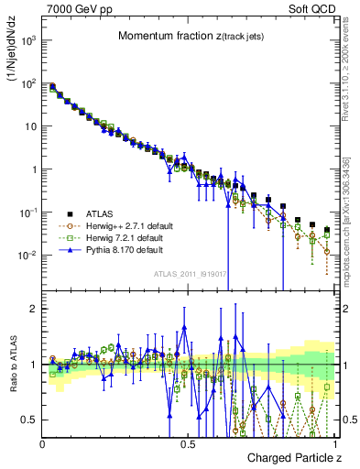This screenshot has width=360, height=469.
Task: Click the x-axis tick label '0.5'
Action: (x=188, y=442)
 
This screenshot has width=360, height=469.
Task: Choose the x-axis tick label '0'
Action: (x=43, y=442)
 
